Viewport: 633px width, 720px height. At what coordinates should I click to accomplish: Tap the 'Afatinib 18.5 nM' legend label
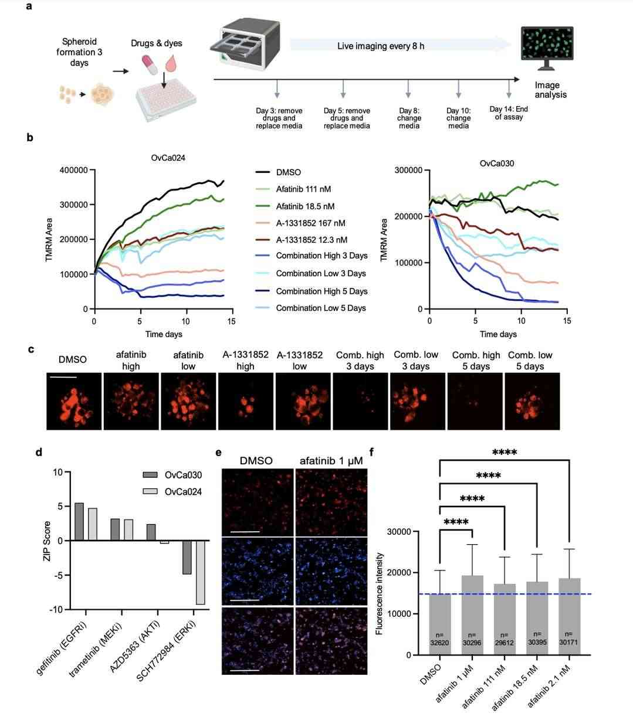(x=309, y=206)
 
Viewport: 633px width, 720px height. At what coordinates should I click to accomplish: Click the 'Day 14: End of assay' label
(x=508, y=113)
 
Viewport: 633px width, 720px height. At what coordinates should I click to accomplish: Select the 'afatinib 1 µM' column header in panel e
(x=331, y=461)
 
